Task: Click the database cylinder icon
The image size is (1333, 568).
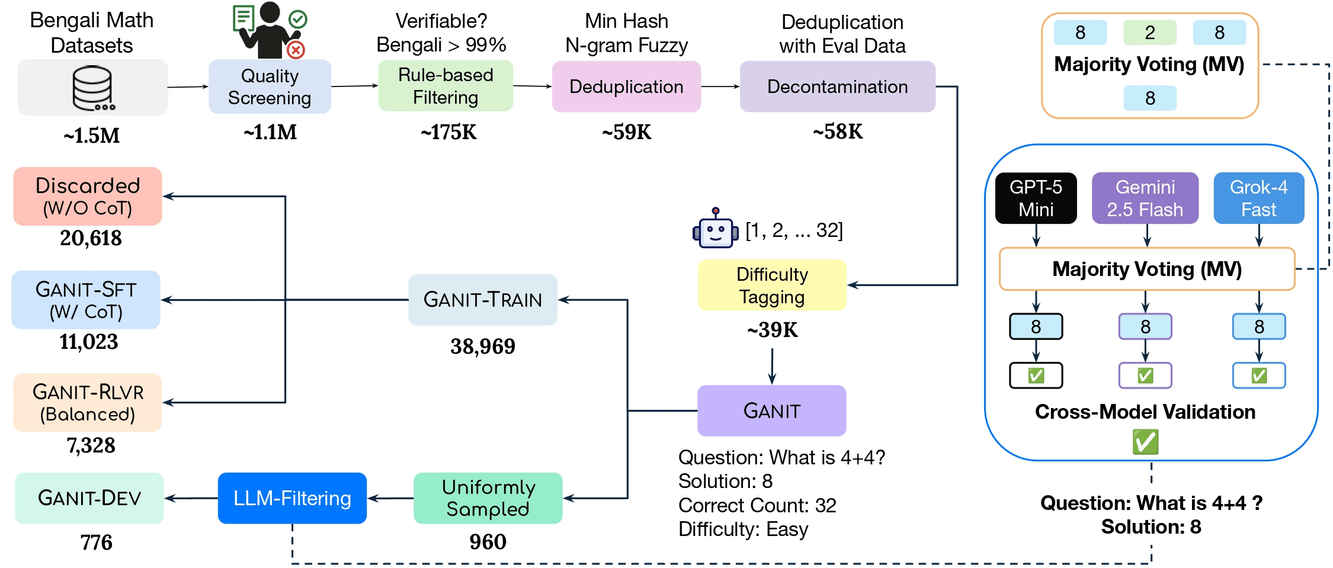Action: tap(93, 88)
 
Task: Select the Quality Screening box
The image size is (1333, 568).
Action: tap(270, 86)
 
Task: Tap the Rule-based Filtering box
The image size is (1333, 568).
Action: tap(446, 86)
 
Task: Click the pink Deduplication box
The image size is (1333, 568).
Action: tap(626, 86)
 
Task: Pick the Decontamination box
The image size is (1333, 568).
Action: tap(837, 86)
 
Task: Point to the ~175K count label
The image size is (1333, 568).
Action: tap(448, 132)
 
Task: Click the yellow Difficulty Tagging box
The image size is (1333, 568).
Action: tap(772, 285)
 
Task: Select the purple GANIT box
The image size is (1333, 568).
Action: tap(771, 410)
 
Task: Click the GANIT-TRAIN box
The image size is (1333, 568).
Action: tap(482, 300)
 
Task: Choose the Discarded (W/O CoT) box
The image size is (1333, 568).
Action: tap(88, 196)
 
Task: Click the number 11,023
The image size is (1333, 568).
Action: tap(89, 342)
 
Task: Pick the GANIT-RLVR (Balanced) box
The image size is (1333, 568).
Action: tap(88, 403)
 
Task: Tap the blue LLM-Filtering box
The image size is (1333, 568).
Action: tap(292, 498)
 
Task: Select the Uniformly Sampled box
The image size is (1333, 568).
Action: tap(488, 498)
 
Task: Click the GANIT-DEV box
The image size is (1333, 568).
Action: tap(89, 498)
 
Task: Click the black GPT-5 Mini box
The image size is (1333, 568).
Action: tap(1036, 198)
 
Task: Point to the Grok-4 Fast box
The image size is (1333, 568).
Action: tap(1258, 198)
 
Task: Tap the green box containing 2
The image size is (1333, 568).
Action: tap(1149, 33)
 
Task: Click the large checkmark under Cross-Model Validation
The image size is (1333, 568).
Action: tap(1145, 442)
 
